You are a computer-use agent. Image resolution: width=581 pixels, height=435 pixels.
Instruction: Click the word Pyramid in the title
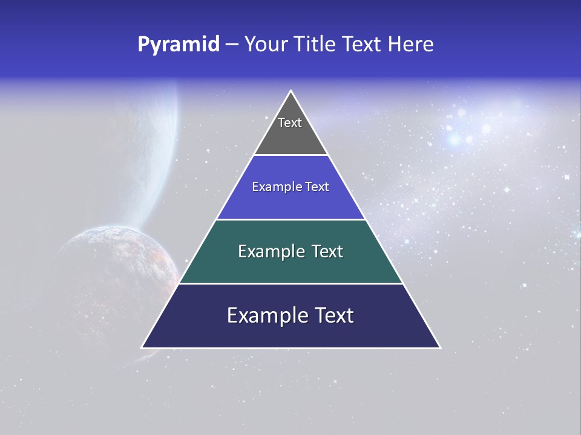tap(179, 44)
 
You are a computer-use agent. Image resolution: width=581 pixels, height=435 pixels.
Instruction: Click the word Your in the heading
tap(266, 44)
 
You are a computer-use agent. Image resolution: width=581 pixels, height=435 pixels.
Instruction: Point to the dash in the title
tap(232, 45)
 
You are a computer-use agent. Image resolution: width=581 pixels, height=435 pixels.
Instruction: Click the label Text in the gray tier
tap(290, 123)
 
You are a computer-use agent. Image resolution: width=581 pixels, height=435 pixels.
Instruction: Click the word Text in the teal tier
tap(324, 251)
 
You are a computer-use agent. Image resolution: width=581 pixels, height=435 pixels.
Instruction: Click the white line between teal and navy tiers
tap(290, 283)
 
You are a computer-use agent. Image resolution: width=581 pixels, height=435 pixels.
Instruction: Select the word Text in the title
tap(361, 44)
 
